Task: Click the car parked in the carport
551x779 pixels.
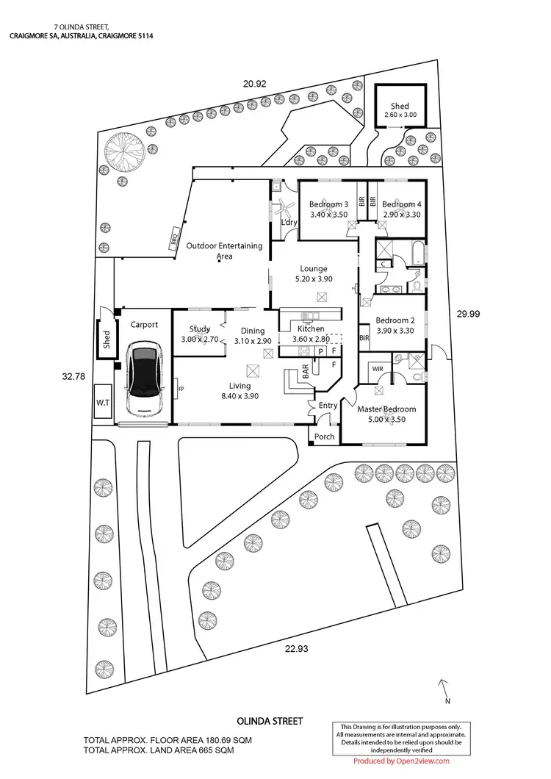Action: point(145,378)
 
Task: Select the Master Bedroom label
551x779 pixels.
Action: point(387,409)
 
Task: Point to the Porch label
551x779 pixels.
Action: point(324,437)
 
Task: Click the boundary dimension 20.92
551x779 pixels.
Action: point(254,84)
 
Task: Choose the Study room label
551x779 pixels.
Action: point(200,329)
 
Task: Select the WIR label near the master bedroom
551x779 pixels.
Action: point(378,368)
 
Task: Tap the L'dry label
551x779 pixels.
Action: point(287,223)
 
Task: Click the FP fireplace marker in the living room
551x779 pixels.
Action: point(179,381)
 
